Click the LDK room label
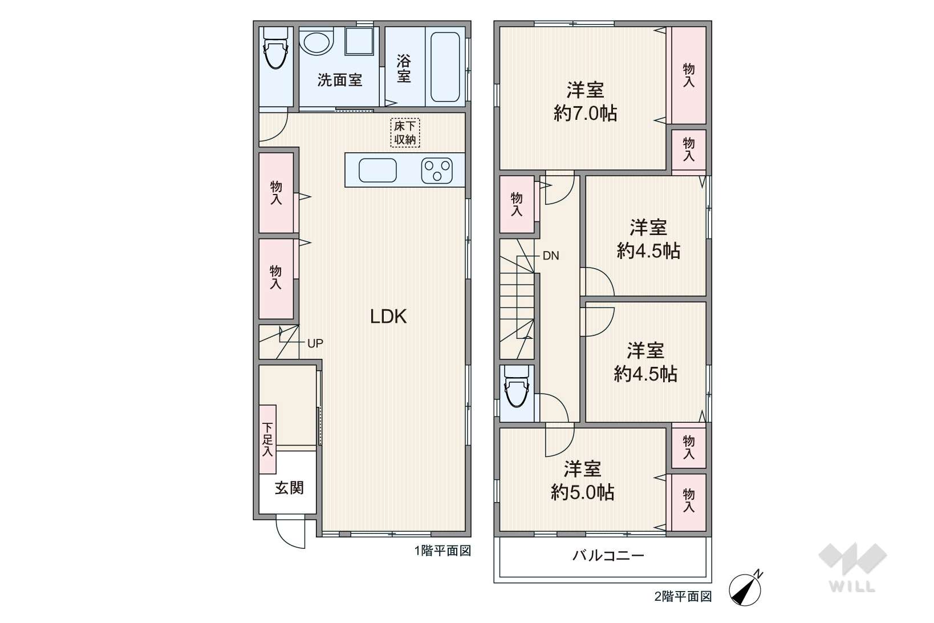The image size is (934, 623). click(388, 317)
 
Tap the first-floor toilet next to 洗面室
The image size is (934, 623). click(275, 48)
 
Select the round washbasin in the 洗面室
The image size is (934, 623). click(316, 42)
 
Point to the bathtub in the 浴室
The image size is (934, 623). click(445, 67)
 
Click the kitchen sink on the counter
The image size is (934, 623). click(377, 170)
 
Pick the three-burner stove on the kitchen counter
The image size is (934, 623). click(437, 170)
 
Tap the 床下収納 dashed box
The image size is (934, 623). click(405, 133)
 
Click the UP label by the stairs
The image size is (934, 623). click(315, 343)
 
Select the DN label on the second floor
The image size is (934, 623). click(550, 256)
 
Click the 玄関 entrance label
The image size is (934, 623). click(289, 488)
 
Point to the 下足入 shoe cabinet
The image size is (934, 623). click(267, 439)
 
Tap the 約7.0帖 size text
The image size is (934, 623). click(586, 113)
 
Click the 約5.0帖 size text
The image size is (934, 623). click(583, 492)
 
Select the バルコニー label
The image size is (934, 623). click(608, 556)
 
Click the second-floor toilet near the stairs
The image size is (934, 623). click(517, 387)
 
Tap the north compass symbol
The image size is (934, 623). click(746, 588)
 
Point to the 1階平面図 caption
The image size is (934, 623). click(442, 551)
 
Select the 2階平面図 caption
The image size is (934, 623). click(683, 597)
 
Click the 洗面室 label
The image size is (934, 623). click(340, 80)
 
